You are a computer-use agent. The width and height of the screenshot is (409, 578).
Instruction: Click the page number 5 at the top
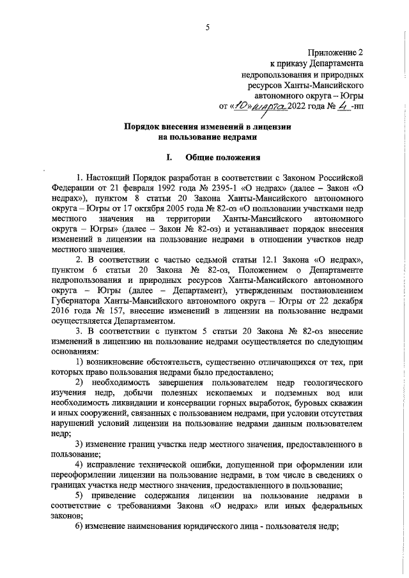[207, 27]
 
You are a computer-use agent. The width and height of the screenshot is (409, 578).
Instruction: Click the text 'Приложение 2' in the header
[336, 53]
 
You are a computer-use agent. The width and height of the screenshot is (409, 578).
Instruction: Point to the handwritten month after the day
[270, 106]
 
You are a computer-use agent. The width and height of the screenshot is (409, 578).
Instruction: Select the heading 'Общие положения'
[222, 156]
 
